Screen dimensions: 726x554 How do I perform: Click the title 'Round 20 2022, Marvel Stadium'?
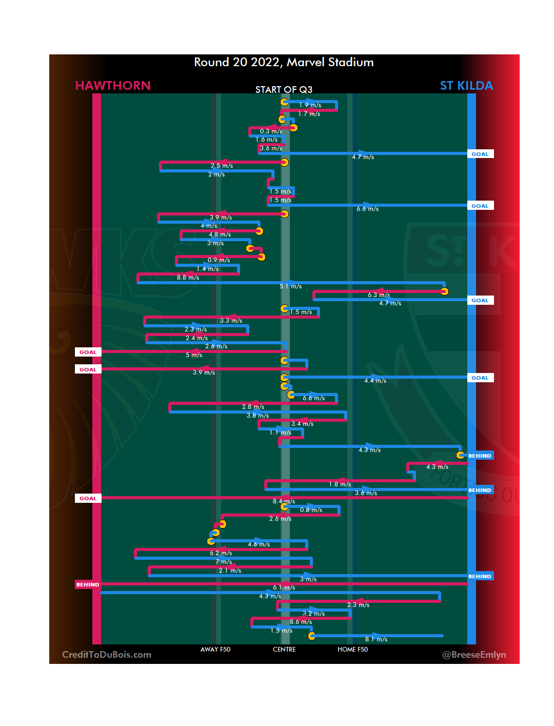[284, 62]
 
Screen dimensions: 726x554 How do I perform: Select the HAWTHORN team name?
[113, 86]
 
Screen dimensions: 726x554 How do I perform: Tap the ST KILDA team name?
[466, 86]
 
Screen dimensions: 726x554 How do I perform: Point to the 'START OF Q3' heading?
[284, 90]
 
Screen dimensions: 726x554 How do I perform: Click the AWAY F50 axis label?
[215, 650]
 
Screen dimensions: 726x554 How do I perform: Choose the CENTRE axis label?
[284, 650]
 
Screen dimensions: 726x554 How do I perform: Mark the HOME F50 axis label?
[352, 650]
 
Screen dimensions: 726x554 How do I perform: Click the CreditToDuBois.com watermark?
[107, 655]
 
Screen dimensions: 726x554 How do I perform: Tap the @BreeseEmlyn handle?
[474, 655]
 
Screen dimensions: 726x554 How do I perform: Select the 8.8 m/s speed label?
[188, 278]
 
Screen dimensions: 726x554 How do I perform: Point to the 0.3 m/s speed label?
[271, 131]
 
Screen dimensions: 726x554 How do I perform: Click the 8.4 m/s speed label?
[284, 501]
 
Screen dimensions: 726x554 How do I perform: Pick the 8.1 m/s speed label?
[376, 639]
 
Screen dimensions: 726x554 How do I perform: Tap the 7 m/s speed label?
[224, 562]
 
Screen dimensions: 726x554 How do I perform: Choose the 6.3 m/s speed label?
[379, 295]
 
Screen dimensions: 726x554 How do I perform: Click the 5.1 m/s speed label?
[290, 286]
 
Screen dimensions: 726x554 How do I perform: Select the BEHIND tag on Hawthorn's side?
[88, 584]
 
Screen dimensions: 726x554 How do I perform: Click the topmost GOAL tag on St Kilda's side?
[480, 154]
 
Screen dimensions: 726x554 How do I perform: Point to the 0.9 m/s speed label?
[219, 260]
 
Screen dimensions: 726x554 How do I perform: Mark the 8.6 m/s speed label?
[301, 622]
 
